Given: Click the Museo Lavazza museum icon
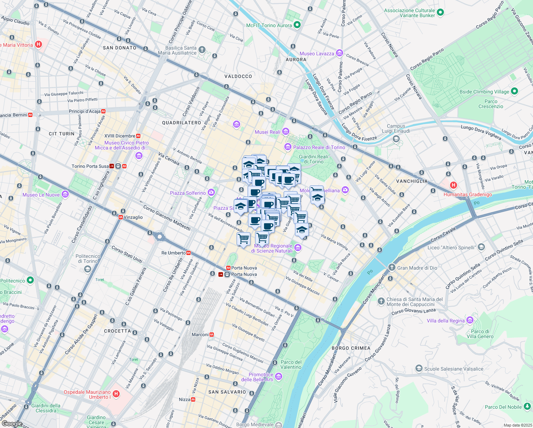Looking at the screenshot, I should coord(339,53).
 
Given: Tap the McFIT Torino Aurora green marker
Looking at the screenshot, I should coord(297,25).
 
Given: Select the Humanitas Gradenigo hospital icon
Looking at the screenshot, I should coord(453,185).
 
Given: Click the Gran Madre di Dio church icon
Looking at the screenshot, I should coord(392,267).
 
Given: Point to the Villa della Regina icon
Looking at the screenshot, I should coord(470,320).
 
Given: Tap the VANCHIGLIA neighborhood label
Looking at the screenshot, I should coord(412,181).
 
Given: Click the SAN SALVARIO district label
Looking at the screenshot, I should coord(227,392).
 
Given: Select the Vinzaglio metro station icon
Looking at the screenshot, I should coord(120,217).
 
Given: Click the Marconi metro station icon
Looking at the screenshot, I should coord(212,335).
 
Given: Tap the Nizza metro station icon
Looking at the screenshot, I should coord(193,399).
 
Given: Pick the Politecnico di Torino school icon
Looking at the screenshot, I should coord(88,269).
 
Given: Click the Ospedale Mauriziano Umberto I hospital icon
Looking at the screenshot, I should coord(116,394).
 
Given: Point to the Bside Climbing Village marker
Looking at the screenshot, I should coord(514,91).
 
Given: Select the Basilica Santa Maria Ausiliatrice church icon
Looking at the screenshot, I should coord(202,50).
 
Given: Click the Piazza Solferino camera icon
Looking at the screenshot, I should coord(211,193).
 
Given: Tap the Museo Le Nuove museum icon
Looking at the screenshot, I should coord(65,194).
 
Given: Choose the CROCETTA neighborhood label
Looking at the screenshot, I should coord(117,331).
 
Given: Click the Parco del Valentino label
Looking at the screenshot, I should coord(291,365).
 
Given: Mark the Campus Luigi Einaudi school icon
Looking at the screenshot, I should coord(396,139).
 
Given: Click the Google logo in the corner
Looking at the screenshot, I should coord(12,423).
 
